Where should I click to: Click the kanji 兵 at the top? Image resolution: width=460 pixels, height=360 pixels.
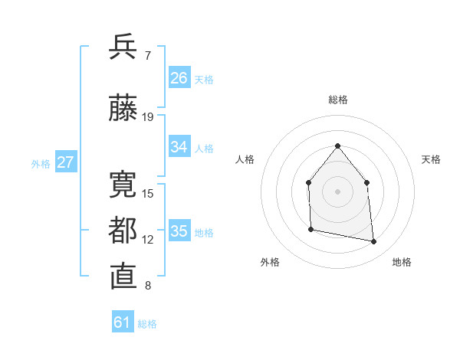[x=123, y=47]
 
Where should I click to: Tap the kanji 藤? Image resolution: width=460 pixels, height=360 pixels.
[x=123, y=108]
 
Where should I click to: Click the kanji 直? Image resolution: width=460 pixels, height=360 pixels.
[x=123, y=277]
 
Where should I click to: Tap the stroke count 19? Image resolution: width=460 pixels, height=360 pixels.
[x=148, y=117]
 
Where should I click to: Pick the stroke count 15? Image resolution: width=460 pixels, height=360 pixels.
[x=148, y=193]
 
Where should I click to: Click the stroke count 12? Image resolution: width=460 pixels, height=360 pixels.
[x=148, y=240]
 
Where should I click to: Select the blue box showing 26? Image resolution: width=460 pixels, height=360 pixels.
[x=179, y=78]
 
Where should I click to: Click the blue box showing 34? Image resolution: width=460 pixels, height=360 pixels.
[x=179, y=147]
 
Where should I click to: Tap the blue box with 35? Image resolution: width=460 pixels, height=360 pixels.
[x=179, y=231]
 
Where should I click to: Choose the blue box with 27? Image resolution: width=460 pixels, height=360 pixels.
[x=66, y=162]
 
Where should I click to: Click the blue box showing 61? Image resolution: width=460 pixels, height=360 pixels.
[x=123, y=322]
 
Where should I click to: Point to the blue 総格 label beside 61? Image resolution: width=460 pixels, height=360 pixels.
[x=147, y=324]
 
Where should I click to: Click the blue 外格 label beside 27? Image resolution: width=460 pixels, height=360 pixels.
[x=41, y=164]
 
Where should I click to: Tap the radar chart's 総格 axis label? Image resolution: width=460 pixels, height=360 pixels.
[x=338, y=100]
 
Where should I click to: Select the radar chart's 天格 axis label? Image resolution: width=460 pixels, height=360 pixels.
[x=432, y=159]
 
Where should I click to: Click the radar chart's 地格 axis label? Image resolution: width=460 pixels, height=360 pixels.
[x=402, y=263]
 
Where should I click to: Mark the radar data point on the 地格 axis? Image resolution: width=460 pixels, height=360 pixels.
[x=374, y=242]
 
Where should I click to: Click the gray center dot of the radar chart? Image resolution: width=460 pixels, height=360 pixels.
[x=337, y=191]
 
